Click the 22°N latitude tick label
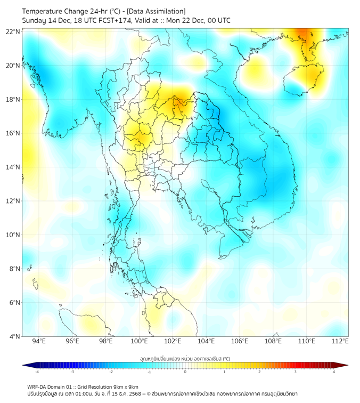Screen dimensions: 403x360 point(13,31)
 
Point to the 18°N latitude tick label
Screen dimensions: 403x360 point(13,99)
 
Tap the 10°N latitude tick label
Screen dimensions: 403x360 point(13,235)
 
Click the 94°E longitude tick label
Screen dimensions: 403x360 point(39,342)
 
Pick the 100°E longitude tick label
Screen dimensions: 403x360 point(140,342)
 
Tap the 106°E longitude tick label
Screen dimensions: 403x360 point(240,342)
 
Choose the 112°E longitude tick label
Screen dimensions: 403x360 point(340,342)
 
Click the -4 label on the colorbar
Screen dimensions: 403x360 point(37,372)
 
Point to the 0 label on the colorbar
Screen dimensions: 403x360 point(185,372)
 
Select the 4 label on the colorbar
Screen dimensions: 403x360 point(333,372)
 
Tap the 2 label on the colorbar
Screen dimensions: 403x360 point(259,372)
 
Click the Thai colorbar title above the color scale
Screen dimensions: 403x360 point(185,359)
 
